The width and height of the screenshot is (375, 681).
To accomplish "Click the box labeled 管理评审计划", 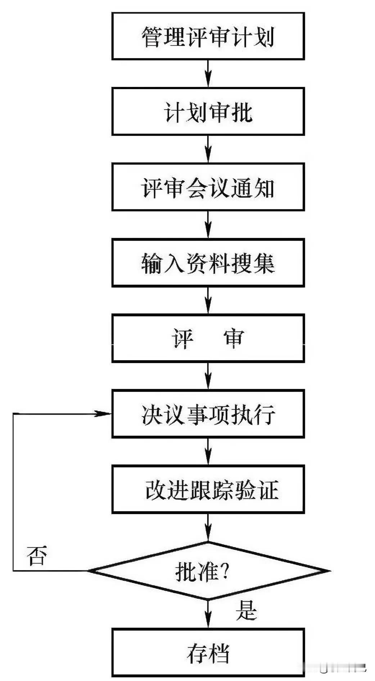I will [208, 36].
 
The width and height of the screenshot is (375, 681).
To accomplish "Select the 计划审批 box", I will [208, 111].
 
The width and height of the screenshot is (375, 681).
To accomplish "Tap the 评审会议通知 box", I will [208, 187].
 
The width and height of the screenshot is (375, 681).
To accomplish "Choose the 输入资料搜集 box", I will [208, 262].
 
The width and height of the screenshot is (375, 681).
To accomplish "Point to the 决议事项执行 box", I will [208, 414].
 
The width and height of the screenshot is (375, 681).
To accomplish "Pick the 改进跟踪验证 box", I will [208, 489].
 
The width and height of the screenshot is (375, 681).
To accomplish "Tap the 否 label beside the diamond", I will [37, 556].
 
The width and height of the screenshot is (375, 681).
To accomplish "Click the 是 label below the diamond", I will [247, 610].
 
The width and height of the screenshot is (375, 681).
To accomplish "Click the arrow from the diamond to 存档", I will [208, 614].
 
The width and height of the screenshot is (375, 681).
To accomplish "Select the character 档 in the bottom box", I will [219, 653].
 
